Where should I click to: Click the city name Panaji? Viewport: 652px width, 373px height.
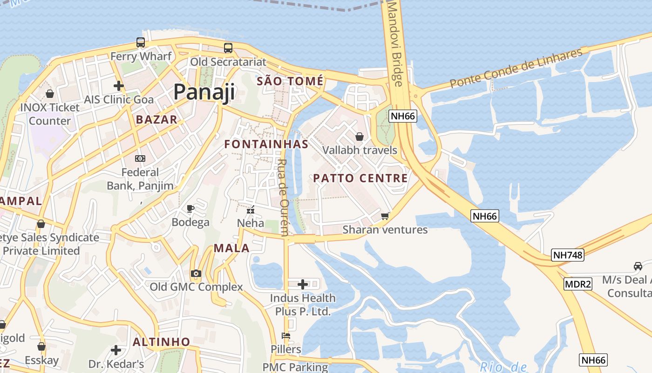204,92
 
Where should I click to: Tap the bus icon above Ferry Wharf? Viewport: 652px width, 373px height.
140,42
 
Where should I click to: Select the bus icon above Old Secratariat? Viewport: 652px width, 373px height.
228,48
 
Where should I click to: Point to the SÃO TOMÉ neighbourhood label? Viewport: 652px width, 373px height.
290,81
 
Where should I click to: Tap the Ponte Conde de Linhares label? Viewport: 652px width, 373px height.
516,69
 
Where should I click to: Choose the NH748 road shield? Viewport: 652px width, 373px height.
567,255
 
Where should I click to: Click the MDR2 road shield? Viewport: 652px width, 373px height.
577,284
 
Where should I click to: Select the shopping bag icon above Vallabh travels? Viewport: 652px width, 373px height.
359,137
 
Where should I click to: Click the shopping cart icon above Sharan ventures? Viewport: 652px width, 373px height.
385,216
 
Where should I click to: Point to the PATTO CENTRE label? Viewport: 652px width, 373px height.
360,178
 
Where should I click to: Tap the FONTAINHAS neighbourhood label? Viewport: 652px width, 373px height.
266,144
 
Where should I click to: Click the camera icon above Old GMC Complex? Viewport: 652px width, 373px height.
196,273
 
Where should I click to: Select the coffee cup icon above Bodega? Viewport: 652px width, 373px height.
190,208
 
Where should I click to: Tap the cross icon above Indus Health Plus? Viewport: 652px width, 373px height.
303,284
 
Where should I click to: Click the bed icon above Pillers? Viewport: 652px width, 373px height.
285,336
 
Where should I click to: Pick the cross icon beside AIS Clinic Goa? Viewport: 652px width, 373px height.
118,86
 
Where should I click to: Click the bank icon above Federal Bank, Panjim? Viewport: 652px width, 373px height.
140,159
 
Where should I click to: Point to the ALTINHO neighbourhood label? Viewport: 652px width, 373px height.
161,342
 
